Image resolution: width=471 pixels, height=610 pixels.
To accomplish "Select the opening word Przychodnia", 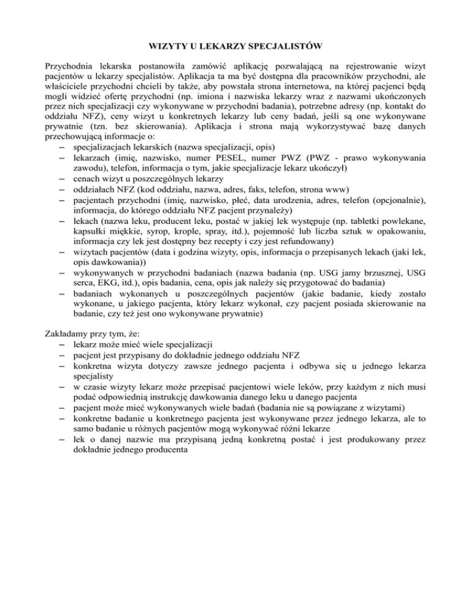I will point(71,64).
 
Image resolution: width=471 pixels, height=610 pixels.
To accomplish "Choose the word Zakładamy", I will point(69,335).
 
